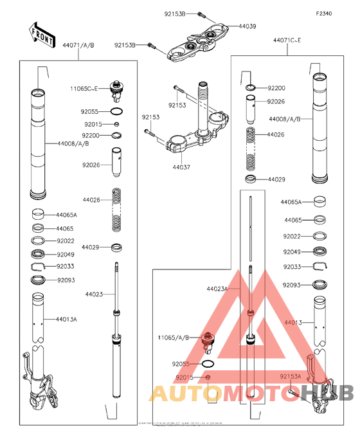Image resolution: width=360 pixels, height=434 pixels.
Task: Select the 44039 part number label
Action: click(248, 26)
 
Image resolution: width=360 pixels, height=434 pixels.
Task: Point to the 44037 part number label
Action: click(181, 166)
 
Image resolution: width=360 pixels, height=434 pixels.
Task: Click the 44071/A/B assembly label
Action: click(78, 46)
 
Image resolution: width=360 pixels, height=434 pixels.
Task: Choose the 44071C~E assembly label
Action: click(287, 41)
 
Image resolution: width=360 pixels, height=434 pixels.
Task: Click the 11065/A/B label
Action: click(174, 337)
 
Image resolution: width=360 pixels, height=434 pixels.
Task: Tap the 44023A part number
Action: click(217, 289)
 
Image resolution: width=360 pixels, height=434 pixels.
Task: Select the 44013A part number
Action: click(66, 318)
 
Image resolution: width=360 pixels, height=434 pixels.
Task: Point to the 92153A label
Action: click(291, 376)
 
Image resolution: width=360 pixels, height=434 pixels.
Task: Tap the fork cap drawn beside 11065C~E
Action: click(117, 91)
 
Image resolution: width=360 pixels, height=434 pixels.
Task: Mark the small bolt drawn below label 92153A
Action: click(291, 390)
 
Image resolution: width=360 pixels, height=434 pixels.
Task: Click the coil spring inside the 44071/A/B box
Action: click(116, 208)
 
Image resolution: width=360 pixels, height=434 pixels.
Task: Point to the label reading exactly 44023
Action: click(94, 294)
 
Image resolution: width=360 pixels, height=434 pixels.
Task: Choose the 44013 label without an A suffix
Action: click(292, 321)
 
